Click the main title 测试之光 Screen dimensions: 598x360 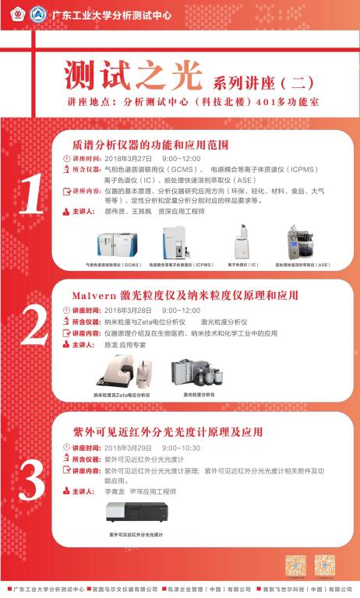(129, 78)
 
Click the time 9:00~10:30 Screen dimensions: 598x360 (182, 448)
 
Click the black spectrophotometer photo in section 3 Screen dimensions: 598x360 (139, 513)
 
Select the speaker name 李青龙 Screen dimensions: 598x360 (115, 492)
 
